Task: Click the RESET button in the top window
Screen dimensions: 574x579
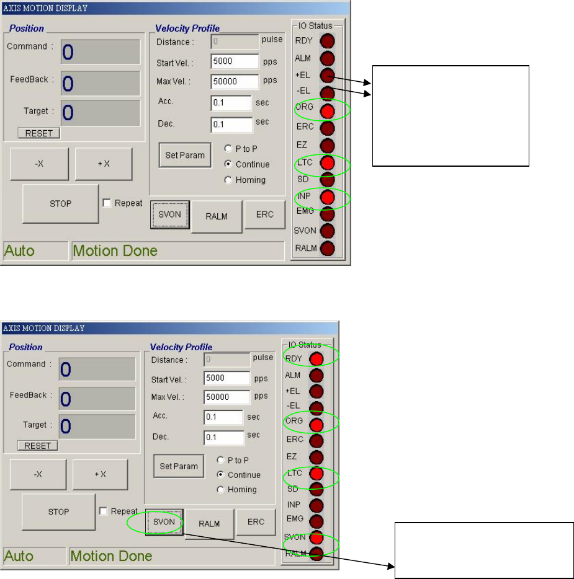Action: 38,133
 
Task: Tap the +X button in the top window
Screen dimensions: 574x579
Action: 103,164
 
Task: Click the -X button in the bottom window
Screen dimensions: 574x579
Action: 38,474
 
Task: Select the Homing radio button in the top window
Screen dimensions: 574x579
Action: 228,180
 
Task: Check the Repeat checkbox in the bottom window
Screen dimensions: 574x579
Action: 104,511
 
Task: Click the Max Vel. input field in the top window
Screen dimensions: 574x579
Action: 235,82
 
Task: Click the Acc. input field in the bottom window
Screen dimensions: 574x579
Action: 223,417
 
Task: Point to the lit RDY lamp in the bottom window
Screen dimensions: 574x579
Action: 316,358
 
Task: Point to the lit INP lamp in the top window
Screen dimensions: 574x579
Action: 328,198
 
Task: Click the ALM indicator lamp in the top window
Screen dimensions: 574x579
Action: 328,59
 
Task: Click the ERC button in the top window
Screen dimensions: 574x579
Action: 264,214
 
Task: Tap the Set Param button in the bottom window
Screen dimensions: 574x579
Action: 179,466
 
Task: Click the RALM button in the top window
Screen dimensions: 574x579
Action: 217,216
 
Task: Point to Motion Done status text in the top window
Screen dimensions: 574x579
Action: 115,250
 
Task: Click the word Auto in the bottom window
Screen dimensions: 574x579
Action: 19,555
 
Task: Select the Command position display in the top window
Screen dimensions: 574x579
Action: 100,52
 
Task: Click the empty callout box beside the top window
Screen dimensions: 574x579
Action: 450,115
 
